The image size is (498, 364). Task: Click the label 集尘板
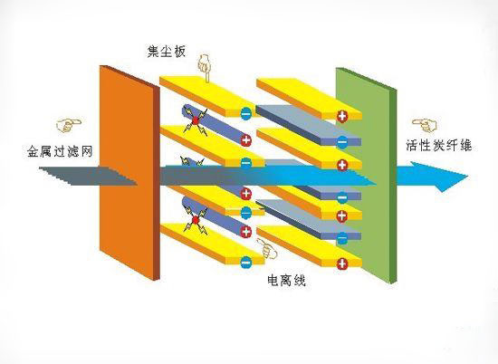(166, 52)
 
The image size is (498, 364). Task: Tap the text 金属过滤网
(60, 151)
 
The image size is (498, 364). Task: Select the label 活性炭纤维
(439, 146)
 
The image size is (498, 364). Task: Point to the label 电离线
(286, 280)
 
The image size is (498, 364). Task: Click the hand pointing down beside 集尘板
(204, 68)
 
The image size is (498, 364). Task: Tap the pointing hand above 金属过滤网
(68, 125)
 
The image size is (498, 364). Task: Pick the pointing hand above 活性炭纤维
(425, 126)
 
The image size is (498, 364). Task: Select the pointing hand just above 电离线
(267, 248)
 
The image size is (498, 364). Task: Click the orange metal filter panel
(129, 172)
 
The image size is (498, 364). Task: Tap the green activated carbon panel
(366, 176)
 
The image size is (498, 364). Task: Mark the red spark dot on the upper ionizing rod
(196, 120)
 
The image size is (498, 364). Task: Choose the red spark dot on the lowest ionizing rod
(196, 219)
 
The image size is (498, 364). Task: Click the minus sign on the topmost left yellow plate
(246, 113)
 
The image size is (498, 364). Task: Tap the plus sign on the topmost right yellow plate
(342, 116)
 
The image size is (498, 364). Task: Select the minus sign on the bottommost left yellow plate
(246, 263)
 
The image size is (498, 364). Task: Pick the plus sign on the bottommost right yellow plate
(342, 263)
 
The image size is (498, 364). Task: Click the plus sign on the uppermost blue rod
(246, 139)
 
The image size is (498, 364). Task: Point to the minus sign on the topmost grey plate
(342, 141)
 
